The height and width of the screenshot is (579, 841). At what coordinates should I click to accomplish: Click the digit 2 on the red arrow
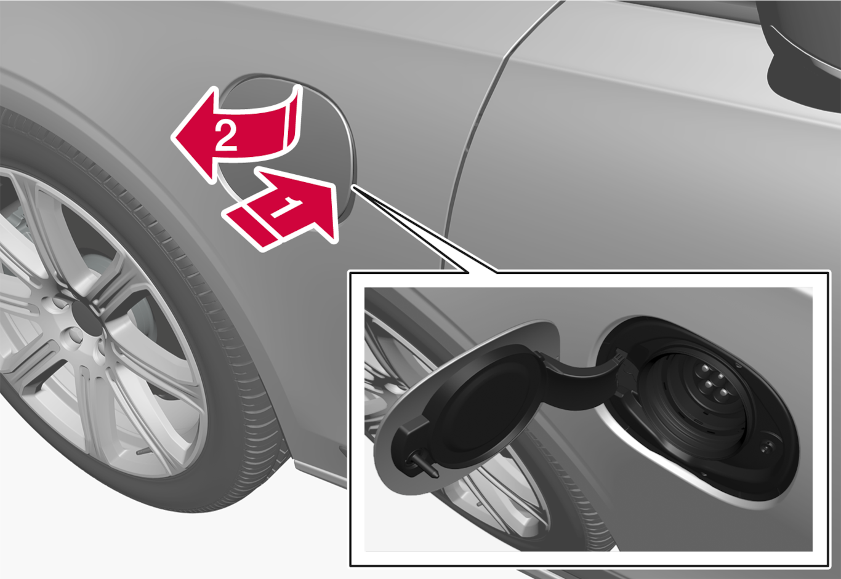pos(226,136)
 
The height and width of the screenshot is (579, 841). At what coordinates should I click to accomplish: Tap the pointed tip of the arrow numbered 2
pos(173,136)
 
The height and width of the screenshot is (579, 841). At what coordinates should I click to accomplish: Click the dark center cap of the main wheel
pos(85,317)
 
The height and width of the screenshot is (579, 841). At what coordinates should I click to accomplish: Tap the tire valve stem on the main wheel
pos(143,452)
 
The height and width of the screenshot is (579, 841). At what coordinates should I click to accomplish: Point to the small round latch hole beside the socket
pos(767,446)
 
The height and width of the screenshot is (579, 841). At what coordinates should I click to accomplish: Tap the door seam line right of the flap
pos(485,124)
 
